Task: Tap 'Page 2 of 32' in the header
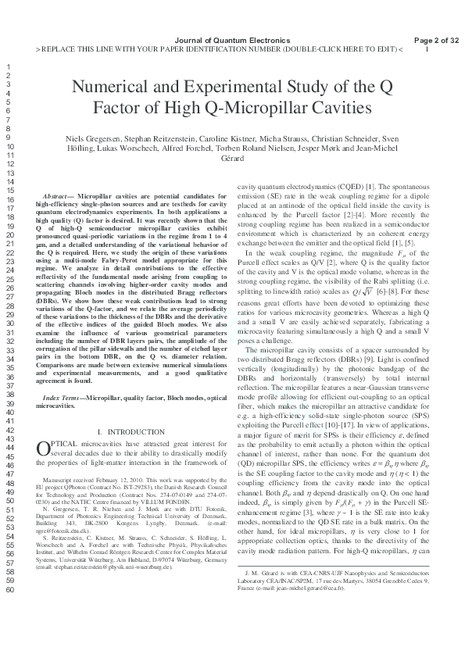click(x=436, y=40)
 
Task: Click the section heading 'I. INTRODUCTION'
click(x=130, y=432)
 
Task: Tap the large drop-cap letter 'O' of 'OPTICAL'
click(x=45, y=449)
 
